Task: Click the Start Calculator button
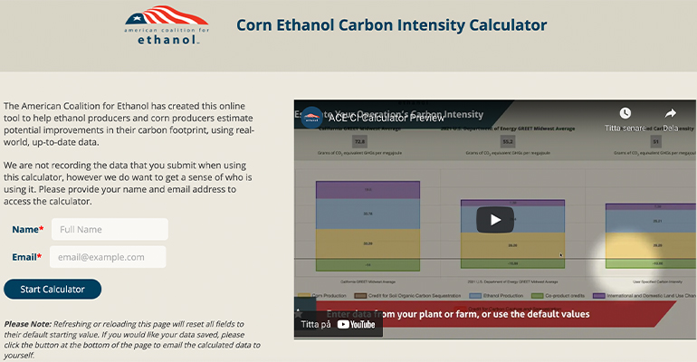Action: coord(53,290)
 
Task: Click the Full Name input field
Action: coord(110,229)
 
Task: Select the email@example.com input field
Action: coord(109,257)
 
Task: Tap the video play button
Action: coord(495,219)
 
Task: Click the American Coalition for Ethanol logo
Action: coord(167,24)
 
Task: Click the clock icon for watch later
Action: coord(625,113)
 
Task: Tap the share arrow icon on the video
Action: coord(671,113)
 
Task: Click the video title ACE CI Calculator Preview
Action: coord(386,117)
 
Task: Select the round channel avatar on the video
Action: coord(311,117)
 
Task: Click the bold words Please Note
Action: coord(27,323)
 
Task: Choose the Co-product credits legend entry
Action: coord(560,295)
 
